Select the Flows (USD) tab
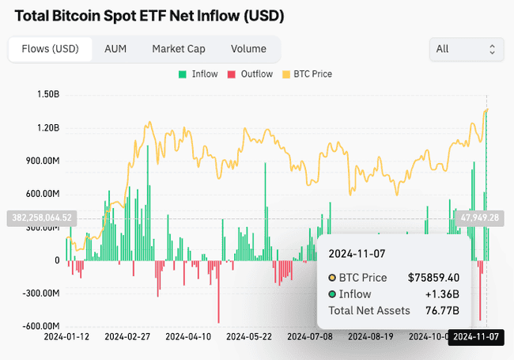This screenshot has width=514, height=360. [x=50, y=49]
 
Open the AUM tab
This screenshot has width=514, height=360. [x=115, y=49]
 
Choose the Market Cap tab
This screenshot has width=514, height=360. [x=179, y=49]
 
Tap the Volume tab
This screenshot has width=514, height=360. [x=248, y=49]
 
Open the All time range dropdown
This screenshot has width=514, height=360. [x=466, y=49]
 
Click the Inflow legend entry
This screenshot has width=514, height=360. [x=198, y=74]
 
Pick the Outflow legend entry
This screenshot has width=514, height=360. [x=250, y=74]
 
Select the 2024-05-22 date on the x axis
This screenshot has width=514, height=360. [x=249, y=337]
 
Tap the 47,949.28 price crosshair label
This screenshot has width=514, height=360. [x=479, y=218]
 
